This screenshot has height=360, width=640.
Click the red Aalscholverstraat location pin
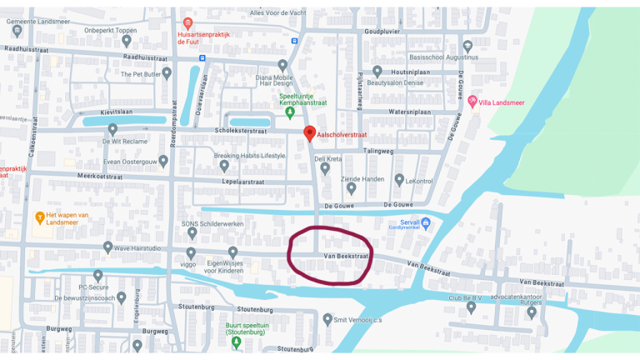(309, 132)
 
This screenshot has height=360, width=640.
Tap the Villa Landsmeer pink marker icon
(472, 101)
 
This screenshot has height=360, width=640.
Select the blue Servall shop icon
(426, 222)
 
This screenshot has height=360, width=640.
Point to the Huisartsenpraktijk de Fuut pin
(187, 23)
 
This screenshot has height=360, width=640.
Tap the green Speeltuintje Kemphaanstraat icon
(290, 112)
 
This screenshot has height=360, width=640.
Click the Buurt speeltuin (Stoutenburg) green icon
(237, 342)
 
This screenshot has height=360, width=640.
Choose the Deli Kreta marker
(326, 167)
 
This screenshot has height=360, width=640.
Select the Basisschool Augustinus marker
(467, 46)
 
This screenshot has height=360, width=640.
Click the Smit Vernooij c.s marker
(327, 319)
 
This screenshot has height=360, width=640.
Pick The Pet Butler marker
(167, 73)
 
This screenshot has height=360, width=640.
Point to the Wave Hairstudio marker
(107, 247)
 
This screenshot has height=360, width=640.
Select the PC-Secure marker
(98, 275)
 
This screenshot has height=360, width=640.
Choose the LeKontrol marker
(400, 179)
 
